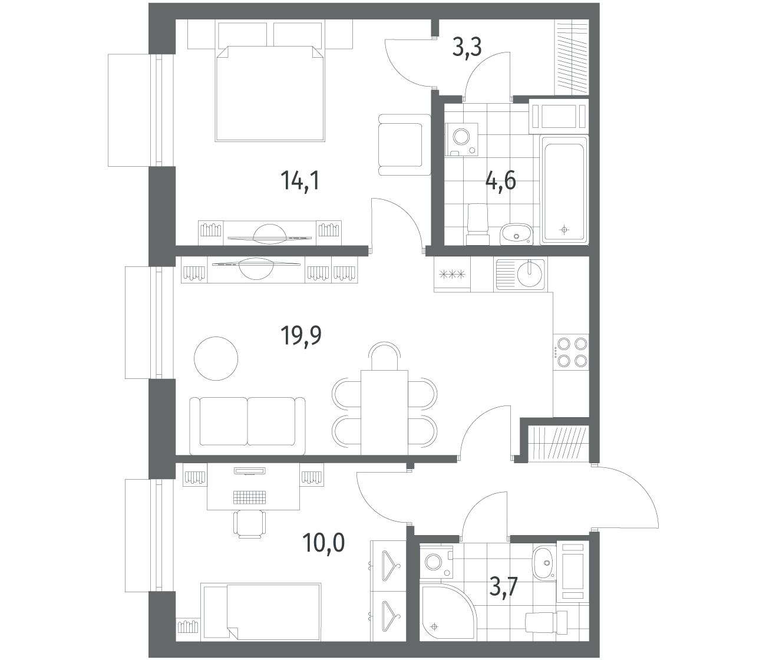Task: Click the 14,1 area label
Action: pos(300,181)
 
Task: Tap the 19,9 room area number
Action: pos(301,335)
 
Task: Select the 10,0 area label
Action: pos(323,543)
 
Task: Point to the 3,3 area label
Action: pos(467,47)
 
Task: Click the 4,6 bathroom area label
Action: pos(501,181)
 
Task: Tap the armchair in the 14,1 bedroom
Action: pos(405,144)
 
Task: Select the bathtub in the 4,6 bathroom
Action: pos(564,190)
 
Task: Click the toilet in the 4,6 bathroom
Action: pos(477,224)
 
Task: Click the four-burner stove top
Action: pos(571,352)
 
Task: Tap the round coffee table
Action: pos(216,358)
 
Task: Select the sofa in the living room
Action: pos(247,426)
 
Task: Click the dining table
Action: pos(384,412)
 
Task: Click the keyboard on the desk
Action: pos(250,497)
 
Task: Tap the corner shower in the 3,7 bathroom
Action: pos(447,612)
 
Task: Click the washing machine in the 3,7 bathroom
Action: pos(436,562)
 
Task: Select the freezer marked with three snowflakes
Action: pos(452,275)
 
